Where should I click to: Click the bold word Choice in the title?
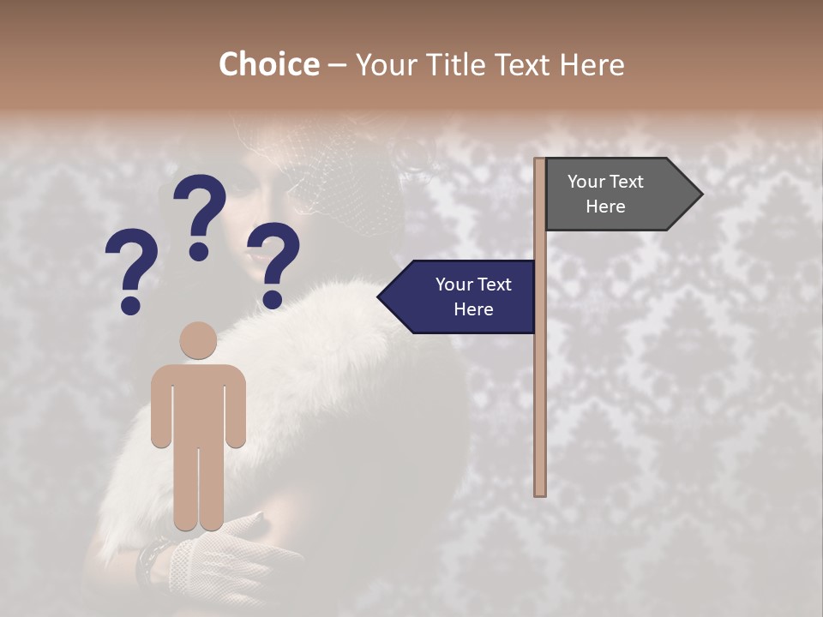pos(268,65)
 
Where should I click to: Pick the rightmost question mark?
pos(274,264)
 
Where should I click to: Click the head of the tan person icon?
pos(198,340)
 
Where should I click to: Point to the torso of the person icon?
pos(198,403)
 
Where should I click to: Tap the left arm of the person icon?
pos(160,407)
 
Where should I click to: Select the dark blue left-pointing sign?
pos(463,297)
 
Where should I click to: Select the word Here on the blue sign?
pos(473,309)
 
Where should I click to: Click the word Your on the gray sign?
pos(586,182)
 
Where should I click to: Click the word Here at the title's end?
pos(592,65)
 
